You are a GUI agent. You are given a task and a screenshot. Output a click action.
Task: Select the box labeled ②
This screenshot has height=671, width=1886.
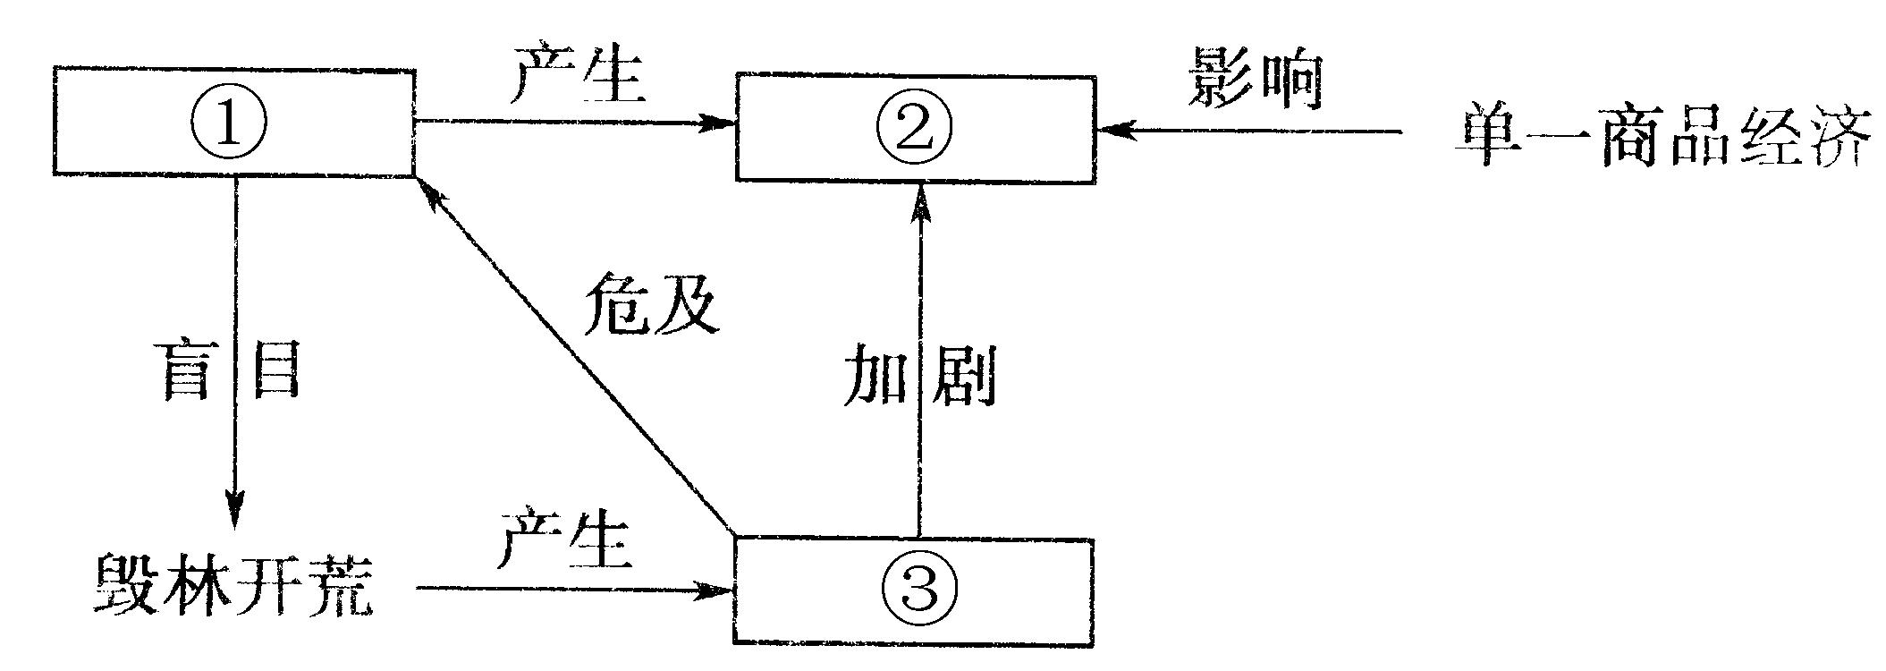(x=916, y=130)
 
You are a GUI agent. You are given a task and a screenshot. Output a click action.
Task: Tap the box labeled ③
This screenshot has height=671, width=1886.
(x=914, y=590)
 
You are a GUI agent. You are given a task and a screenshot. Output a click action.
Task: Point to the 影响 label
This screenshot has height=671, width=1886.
(x=1256, y=78)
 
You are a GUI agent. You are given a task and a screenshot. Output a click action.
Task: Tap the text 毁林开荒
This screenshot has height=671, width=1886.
(x=233, y=586)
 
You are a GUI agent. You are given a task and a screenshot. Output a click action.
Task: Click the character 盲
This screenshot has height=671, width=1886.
(x=190, y=369)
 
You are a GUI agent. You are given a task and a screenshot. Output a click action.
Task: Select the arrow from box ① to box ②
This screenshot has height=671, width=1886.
(x=572, y=122)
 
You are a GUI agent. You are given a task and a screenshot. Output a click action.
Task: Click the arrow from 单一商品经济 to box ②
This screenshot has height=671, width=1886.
(x=1252, y=131)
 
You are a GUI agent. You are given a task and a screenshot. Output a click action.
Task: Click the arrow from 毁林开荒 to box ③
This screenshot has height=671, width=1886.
(x=572, y=589)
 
